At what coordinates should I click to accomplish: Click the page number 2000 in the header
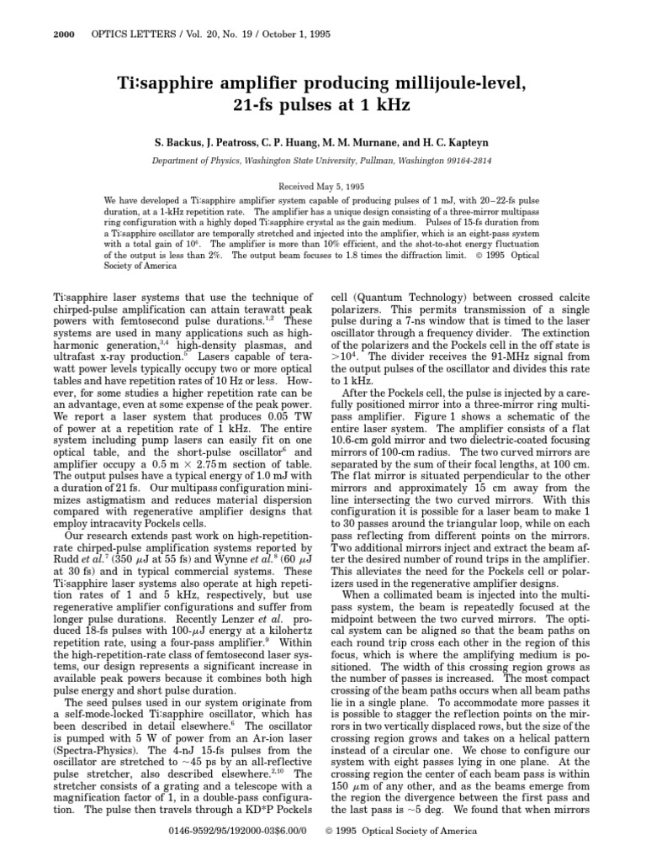(x=63, y=34)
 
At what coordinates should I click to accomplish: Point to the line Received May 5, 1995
(x=322, y=185)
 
